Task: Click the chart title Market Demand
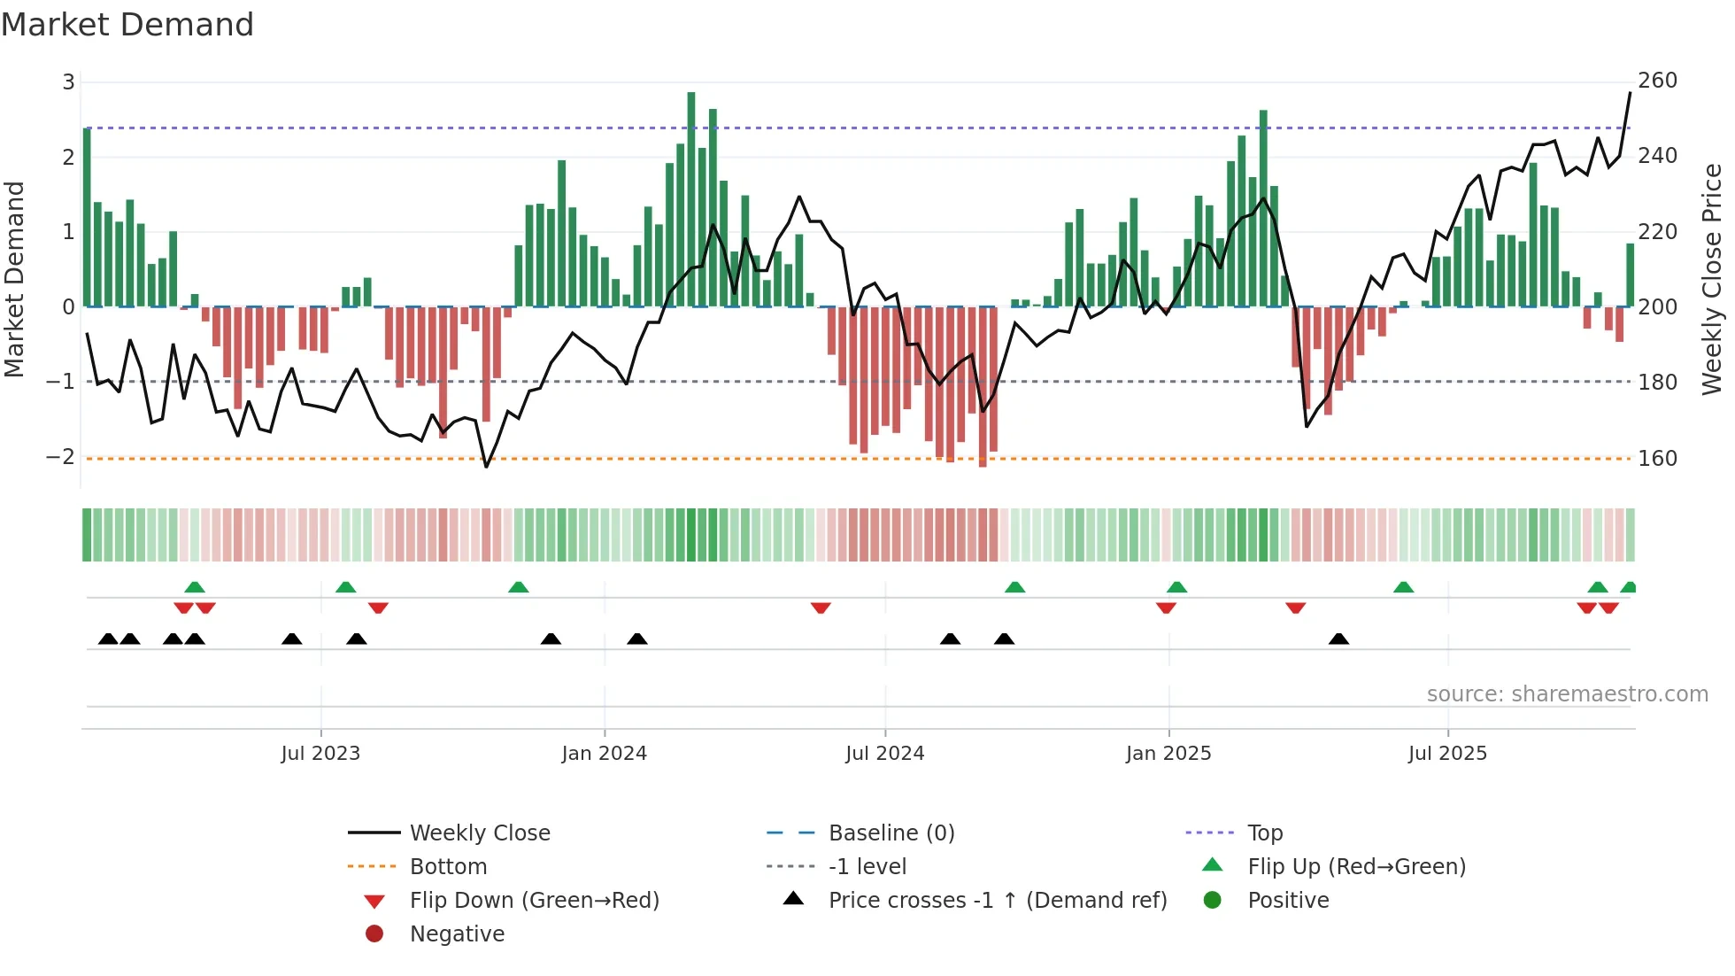pyautogui.click(x=127, y=25)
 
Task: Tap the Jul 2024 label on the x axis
pyautogui.click(x=884, y=754)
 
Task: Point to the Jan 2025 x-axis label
pyautogui.click(x=1168, y=754)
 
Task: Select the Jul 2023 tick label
pyautogui.click(x=320, y=754)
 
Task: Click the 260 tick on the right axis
pyautogui.click(x=1657, y=81)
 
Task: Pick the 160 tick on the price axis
pyautogui.click(x=1657, y=459)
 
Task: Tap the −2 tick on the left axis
pyautogui.click(x=60, y=457)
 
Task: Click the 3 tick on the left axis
pyautogui.click(x=68, y=82)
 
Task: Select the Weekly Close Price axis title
pyautogui.click(x=1712, y=279)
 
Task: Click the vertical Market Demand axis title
pyautogui.click(x=15, y=279)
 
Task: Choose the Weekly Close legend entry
pyautogui.click(x=479, y=833)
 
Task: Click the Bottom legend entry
pyautogui.click(x=448, y=867)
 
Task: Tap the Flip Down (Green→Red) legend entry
pyautogui.click(x=534, y=901)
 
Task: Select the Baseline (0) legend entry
pyautogui.click(x=891, y=833)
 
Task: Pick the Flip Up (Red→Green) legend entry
pyautogui.click(x=1356, y=867)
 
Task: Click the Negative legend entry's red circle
pyautogui.click(x=374, y=934)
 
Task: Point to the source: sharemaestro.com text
pyautogui.click(x=1567, y=694)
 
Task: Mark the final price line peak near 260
pyautogui.click(x=1630, y=93)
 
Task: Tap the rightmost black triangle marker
pyautogui.click(x=1338, y=639)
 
